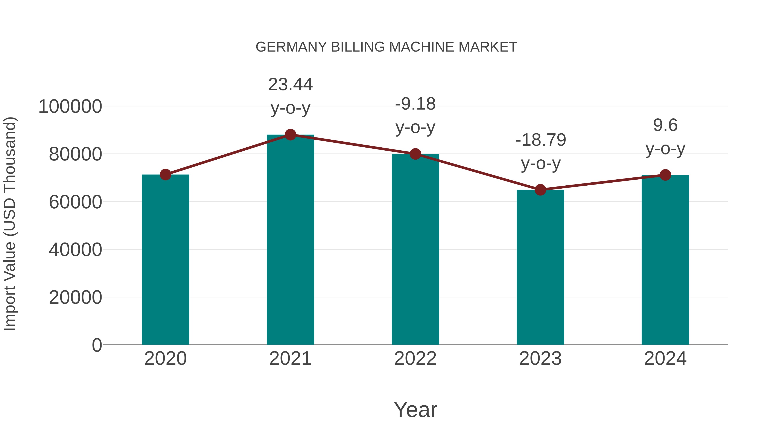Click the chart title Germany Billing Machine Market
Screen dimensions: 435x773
386,47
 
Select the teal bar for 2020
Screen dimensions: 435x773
165,260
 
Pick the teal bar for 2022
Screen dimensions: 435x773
415,249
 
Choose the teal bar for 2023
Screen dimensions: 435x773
540,267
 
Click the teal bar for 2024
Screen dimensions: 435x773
665,260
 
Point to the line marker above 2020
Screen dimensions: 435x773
165,174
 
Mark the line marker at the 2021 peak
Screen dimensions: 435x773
290,135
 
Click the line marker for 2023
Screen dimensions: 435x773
540,190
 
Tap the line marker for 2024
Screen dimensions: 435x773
665,175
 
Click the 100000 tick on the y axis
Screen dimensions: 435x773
70,107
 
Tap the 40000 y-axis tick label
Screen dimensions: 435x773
75,250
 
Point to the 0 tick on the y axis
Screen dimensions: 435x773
97,345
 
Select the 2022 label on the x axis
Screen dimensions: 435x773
415,359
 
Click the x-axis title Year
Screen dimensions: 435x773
415,409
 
